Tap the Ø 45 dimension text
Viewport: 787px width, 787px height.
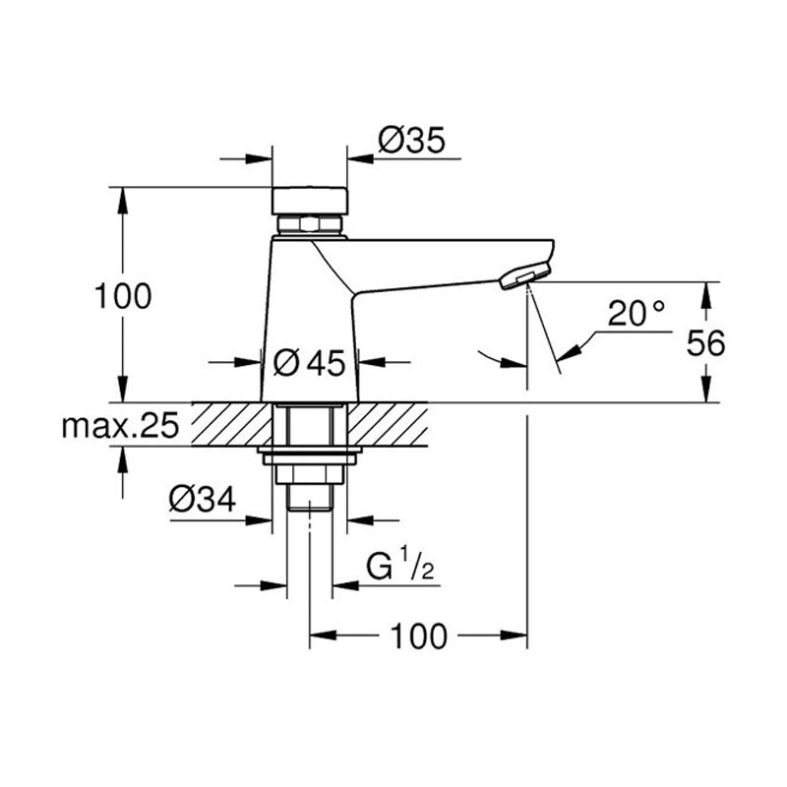pyautogui.click(x=310, y=362)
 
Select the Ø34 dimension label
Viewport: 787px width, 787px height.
pyautogui.click(x=203, y=500)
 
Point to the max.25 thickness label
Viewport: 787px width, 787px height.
pyautogui.click(x=120, y=426)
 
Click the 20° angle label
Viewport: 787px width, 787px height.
pyautogui.click(x=636, y=313)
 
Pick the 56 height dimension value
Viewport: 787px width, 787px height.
pyautogui.click(x=705, y=343)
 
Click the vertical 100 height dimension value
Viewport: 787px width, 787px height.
pyautogui.click(x=123, y=296)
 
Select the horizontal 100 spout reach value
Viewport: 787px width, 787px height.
pyautogui.click(x=419, y=636)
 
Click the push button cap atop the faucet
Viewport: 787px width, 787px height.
pyautogui.click(x=310, y=201)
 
